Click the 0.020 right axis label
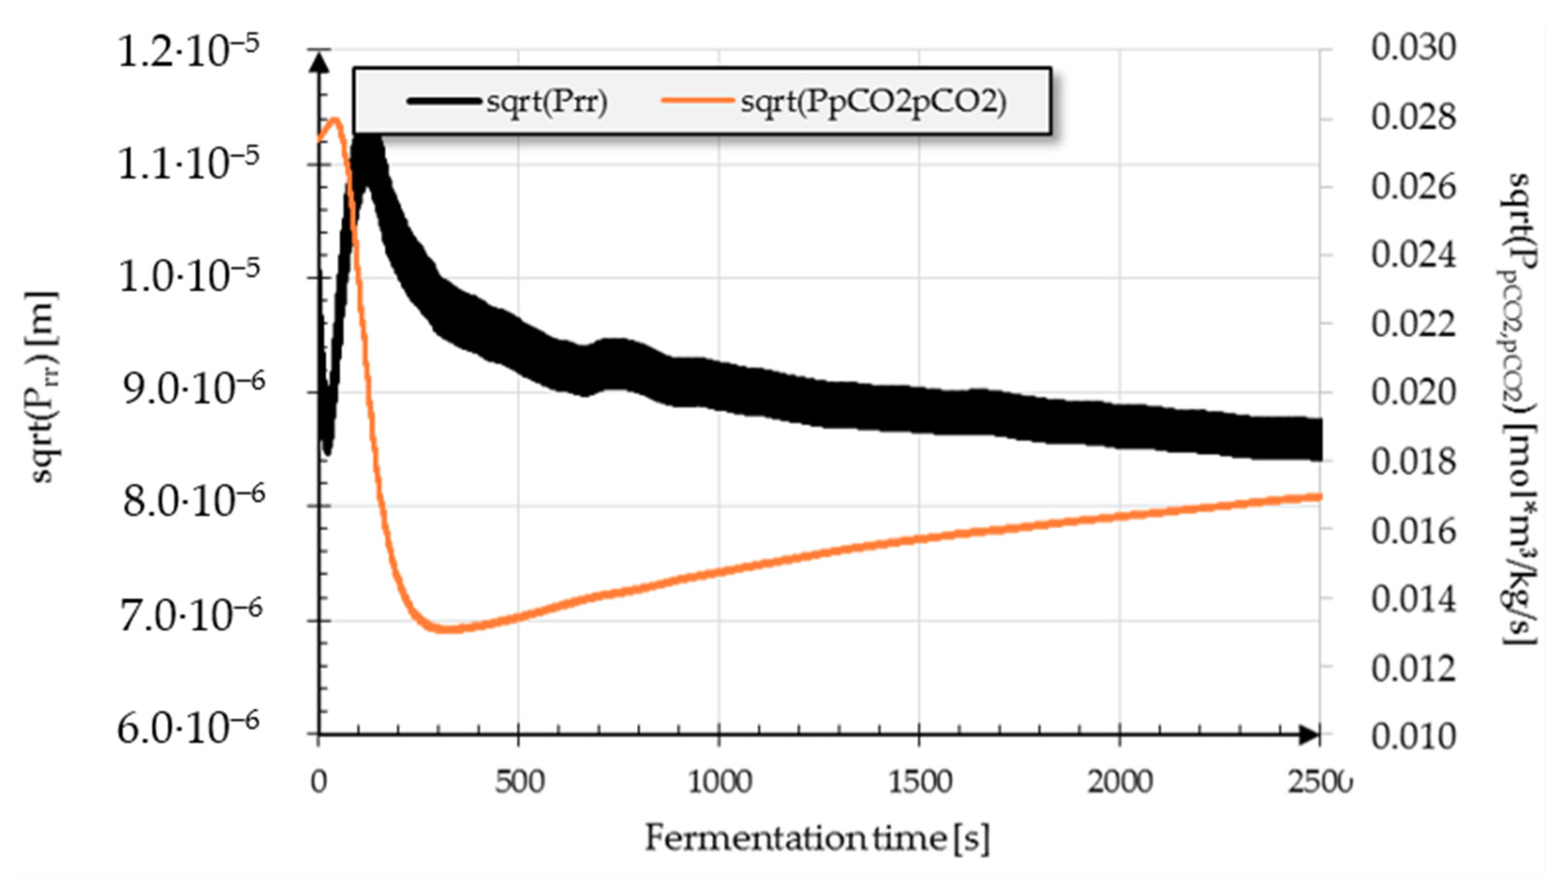pos(1412,392)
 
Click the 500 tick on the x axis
pos(518,782)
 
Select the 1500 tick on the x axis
pos(919,782)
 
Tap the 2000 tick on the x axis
pos(1119,782)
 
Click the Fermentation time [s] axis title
pos(817,839)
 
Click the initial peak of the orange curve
pos(334,118)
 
